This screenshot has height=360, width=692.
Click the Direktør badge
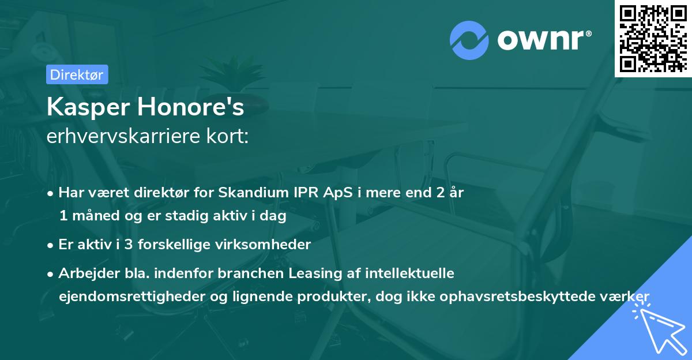click(x=77, y=74)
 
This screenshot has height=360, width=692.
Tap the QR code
click(x=653, y=39)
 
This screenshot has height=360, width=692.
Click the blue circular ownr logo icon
click(x=469, y=40)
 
